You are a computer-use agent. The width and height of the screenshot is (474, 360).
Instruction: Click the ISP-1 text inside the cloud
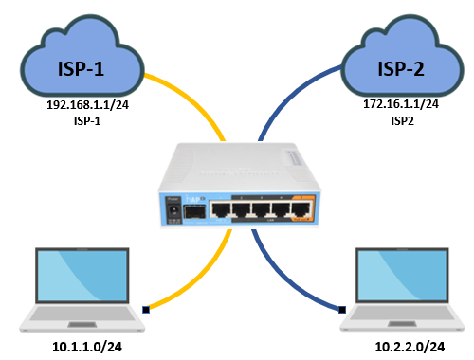(x=81, y=69)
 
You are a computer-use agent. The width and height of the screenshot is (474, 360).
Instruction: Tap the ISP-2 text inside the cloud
(x=401, y=69)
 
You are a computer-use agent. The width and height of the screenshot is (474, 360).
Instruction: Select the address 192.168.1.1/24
(x=88, y=105)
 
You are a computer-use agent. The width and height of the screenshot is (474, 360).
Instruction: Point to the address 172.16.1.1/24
(x=401, y=104)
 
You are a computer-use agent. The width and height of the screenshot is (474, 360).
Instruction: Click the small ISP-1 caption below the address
(x=87, y=121)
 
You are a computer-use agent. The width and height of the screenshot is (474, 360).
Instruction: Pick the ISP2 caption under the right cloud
(x=402, y=121)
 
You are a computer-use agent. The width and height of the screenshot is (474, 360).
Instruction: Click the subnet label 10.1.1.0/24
(x=87, y=347)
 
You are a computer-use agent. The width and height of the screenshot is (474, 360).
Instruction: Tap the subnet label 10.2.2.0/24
(x=410, y=347)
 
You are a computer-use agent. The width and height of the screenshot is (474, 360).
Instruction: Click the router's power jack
(x=173, y=210)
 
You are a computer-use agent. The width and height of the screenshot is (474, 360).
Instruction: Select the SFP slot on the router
(x=194, y=211)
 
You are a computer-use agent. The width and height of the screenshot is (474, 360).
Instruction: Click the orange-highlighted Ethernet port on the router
(x=301, y=209)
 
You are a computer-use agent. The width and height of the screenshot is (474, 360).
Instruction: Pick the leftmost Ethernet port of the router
(x=221, y=209)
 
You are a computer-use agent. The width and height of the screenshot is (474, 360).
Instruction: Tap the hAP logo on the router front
(x=194, y=199)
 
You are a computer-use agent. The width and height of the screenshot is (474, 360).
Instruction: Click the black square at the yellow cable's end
(x=146, y=310)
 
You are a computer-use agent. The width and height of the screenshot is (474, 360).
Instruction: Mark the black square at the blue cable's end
(x=342, y=310)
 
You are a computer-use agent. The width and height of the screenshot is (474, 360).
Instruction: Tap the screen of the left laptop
(x=82, y=276)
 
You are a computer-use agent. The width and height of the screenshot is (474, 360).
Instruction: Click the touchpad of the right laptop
(x=402, y=324)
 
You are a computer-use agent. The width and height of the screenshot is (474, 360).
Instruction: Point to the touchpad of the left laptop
(x=82, y=324)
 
